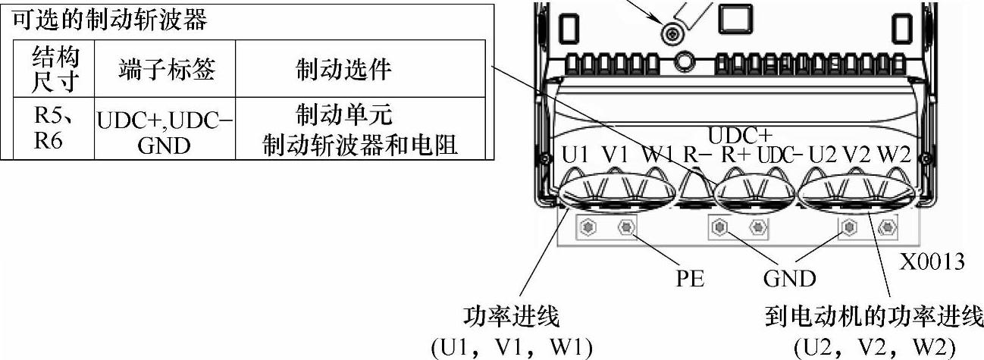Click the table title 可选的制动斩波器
point(109,20)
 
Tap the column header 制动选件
point(343,70)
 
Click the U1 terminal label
point(575,154)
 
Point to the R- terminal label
point(695,154)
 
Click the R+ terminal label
point(736,154)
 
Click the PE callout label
point(690,278)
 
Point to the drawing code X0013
point(932,262)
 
